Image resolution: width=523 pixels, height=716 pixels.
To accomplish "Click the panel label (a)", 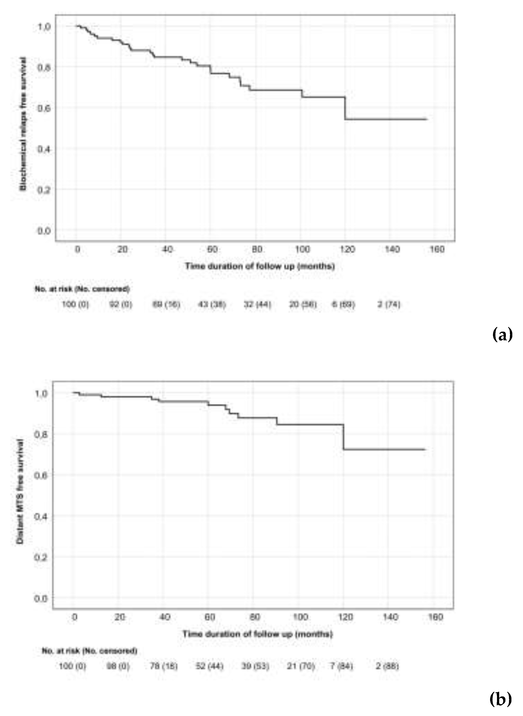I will (502, 334).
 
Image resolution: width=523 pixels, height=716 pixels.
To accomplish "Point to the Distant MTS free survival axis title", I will (20, 492).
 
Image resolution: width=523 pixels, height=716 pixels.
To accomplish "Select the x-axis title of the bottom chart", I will (257, 634).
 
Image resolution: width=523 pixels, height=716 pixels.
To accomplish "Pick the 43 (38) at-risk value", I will (212, 305).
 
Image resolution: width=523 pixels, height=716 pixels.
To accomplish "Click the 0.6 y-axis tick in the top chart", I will (44, 108).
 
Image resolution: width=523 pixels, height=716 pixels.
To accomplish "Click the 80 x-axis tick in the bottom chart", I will (255, 617).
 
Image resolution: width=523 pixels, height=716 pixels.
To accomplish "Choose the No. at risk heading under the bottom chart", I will (89, 651).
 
